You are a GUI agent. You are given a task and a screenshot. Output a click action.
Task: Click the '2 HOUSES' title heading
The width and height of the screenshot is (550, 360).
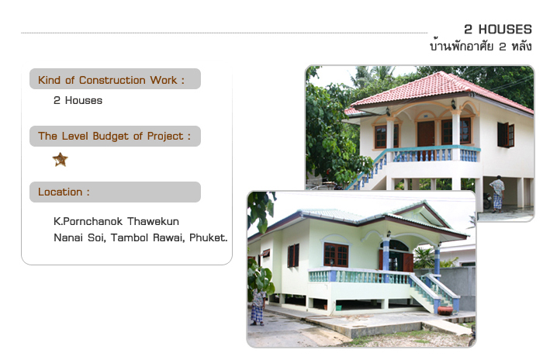coord(498,29)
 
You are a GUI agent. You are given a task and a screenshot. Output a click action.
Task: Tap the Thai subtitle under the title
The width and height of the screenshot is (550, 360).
coord(481,46)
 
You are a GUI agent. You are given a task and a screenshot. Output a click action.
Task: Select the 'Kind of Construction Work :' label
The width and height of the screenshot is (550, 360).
coord(111,80)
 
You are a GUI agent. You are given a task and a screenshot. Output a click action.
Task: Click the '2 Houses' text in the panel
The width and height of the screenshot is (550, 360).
coord(78,100)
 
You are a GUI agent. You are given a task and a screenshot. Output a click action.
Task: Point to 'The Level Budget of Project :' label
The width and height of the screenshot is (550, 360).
coord(114,136)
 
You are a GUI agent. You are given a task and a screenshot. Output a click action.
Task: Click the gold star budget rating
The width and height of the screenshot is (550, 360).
coord(61,160)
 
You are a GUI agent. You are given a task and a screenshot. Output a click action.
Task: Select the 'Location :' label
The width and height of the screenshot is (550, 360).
coord(64,192)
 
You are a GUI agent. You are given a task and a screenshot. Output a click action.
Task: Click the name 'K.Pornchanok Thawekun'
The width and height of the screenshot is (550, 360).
coord(116,221)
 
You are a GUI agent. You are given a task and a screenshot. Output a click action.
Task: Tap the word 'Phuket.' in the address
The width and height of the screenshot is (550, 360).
coord(209,237)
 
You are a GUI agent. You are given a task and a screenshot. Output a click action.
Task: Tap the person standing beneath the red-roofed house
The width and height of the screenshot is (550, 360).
coord(497,194)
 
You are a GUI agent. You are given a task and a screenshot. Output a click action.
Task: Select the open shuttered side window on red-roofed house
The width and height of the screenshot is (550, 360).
coord(506,135)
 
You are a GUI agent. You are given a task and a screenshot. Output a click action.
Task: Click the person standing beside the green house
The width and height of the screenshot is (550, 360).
coord(258,307)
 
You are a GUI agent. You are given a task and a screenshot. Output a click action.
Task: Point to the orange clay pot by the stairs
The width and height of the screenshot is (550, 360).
coord(444,310)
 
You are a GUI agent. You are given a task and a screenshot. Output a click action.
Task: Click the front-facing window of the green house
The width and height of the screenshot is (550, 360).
coord(336,254)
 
